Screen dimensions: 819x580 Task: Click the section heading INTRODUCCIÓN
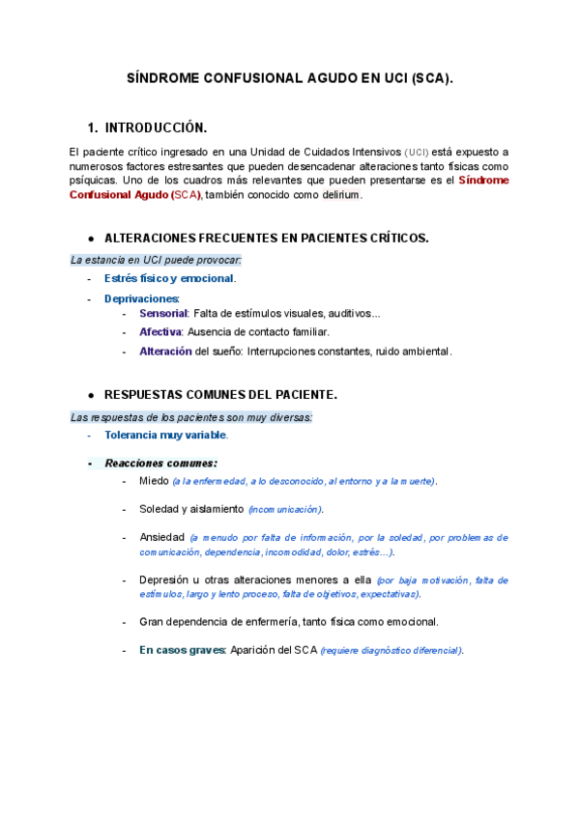click(156, 127)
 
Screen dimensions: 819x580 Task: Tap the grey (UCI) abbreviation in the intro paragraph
click(417, 153)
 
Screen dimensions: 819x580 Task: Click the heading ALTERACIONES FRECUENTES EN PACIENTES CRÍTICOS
click(266, 238)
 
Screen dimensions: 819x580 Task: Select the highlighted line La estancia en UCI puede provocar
click(156, 260)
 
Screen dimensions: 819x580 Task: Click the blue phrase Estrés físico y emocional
click(169, 278)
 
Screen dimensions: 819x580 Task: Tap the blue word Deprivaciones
click(141, 298)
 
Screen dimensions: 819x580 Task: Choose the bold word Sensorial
click(163, 314)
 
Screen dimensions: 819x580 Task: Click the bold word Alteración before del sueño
click(165, 351)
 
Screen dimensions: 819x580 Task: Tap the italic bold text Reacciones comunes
click(160, 463)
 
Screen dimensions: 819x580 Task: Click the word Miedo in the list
click(154, 480)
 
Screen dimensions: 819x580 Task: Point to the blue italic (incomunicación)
click(285, 509)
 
